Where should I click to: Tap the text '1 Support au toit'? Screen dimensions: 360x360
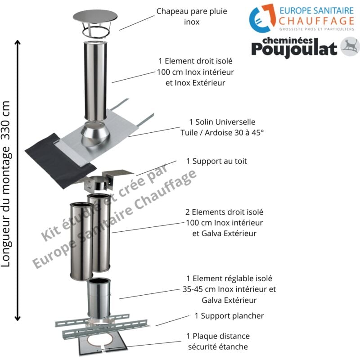pyautogui.click(x=216, y=161)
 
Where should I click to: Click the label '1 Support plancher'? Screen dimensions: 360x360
pyautogui.click(x=229, y=315)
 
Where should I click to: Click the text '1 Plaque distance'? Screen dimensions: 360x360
pyautogui.click(x=218, y=336)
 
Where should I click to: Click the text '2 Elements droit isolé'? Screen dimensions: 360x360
pyautogui.click(x=224, y=211)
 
